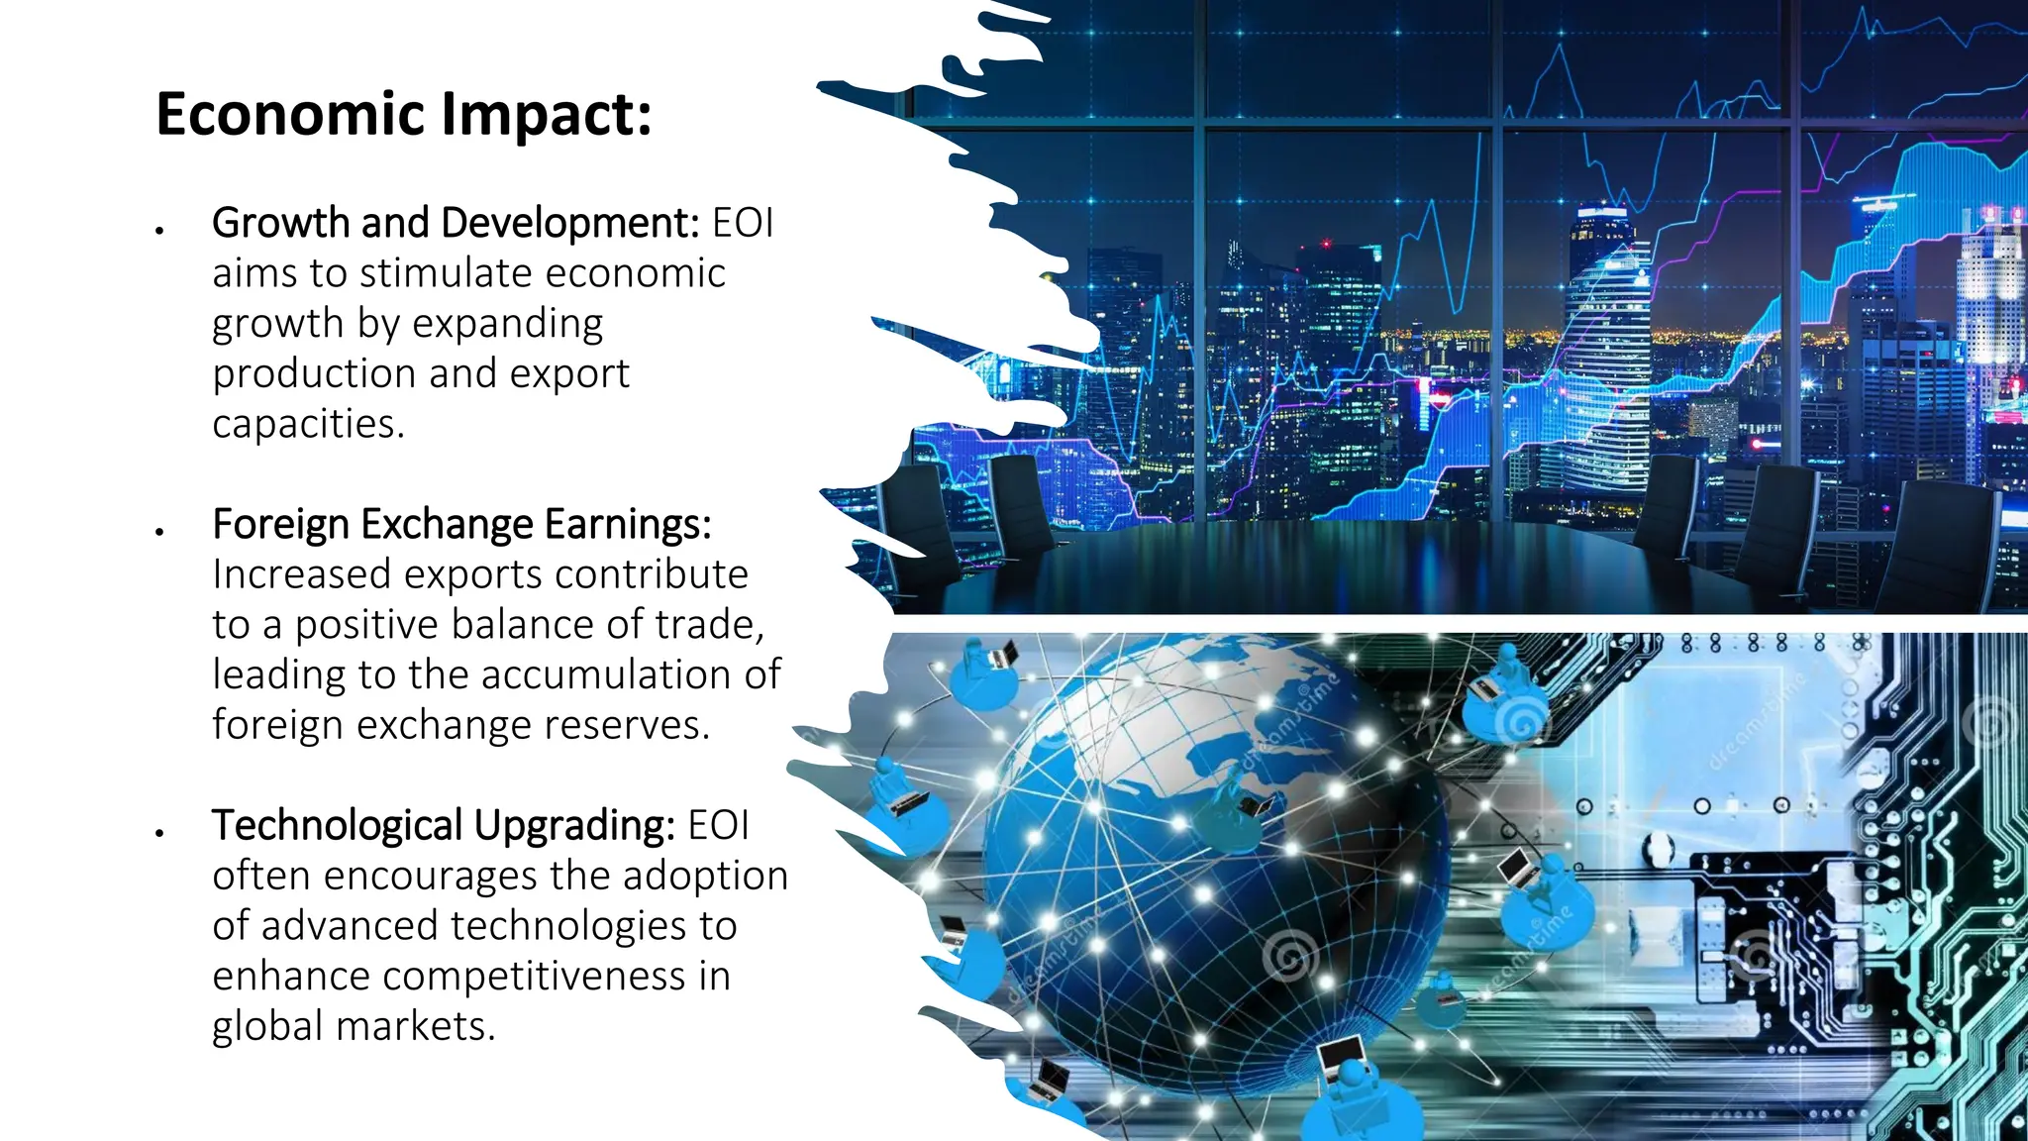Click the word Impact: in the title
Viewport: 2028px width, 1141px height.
click(x=546, y=116)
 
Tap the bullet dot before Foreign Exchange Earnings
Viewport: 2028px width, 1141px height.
click(x=158, y=532)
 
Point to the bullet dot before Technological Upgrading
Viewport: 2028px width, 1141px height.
click(x=158, y=833)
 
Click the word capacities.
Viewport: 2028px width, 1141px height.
click(x=308, y=424)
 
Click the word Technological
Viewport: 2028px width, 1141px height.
click(x=337, y=826)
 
